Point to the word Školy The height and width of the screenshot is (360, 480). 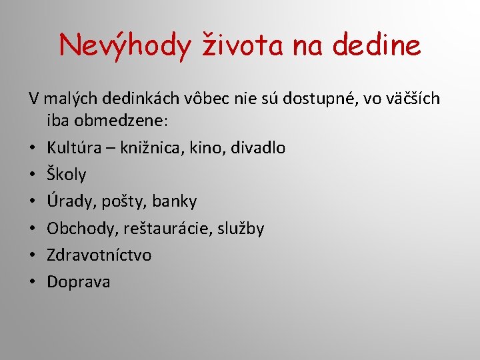click(67, 175)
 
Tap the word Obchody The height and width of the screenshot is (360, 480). click(83, 229)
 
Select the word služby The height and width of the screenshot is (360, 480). click(241, 229)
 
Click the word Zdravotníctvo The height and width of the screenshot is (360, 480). click(99, 255)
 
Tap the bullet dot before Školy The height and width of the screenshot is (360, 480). click(33, 175)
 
